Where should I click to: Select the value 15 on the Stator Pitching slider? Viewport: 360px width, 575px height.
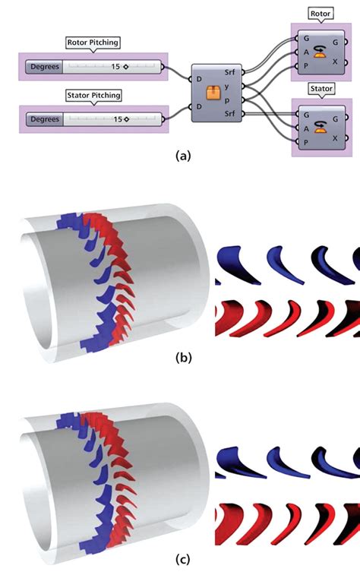[118, 119]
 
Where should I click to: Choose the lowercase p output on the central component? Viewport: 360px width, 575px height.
[229, 100]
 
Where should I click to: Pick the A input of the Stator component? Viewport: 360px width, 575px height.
[305, 128]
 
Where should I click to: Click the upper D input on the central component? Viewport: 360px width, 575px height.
[199, 79]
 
